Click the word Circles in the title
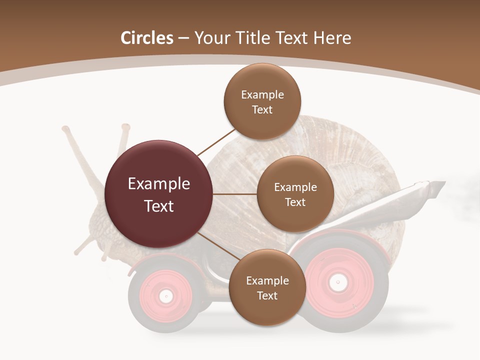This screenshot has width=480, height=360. point(147,38)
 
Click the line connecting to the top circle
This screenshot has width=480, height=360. point(216,142)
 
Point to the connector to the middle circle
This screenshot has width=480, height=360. point(235,194)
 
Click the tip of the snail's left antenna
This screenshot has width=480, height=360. point(65,129)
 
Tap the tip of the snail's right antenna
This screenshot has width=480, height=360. point(125,127)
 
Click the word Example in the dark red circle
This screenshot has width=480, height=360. point(159,184)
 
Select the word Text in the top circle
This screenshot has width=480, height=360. point(262,110)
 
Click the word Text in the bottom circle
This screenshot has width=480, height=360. point(267,296)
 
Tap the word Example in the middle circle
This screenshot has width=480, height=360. point(295,187)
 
